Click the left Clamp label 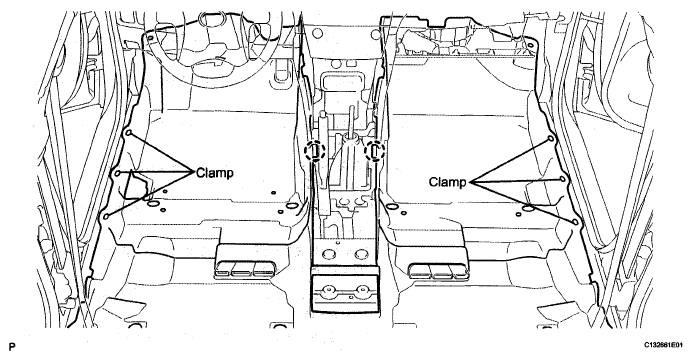tap(214, 172)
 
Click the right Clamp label tap(448, 182)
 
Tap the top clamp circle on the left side tap(128, 132)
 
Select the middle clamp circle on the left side tap(118, 172)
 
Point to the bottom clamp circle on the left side tap(105, 216)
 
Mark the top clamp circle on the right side tap(551, 138)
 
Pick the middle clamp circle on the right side tap(562, 179)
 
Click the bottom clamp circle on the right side tap(575, 221)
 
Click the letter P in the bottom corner tap(11, 347)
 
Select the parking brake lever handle tap(323, 129)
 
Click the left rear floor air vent tap(246, 268)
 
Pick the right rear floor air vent tap(439, 270)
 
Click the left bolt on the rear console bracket tap(327, 290)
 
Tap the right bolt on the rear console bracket tap(362, 290)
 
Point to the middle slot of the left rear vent tap(244, 268)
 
